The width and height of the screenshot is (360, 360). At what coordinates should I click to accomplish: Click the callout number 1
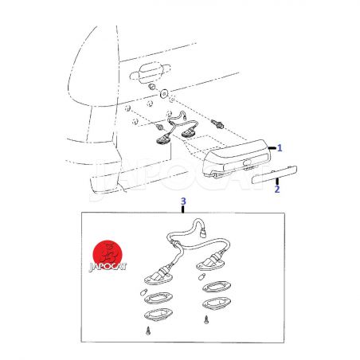coord(280,148)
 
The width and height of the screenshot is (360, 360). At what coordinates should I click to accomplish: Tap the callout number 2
coord(277,190)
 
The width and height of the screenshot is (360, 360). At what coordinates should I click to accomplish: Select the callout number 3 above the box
coord(183,202)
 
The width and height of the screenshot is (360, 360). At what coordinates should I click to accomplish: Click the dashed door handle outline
coord(150,72)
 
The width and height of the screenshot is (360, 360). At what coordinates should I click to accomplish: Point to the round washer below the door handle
coord(164,93)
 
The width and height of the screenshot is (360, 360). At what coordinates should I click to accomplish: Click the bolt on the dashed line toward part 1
coord(217,123)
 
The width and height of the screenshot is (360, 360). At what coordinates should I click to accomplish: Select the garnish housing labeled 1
coord(237,158)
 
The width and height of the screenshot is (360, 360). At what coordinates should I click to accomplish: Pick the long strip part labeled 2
coord(274,175)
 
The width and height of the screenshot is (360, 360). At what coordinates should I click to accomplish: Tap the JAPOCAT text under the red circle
coord(108,267)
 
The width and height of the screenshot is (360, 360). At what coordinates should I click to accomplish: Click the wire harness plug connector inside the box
coord(204,234)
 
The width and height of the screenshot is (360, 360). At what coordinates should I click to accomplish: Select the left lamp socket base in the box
coord(158,276)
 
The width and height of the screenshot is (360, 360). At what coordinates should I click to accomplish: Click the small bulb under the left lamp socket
coord(143,292)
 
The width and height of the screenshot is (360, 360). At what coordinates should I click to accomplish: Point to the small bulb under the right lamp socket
coord(202,276)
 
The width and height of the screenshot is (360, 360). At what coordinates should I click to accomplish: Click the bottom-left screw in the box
coord(148,331)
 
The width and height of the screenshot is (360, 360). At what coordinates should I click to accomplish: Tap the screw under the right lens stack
coord(206,320)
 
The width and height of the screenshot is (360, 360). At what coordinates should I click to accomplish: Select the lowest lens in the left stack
coord(158,315)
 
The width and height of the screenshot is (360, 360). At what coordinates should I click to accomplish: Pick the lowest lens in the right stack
coord(217,303)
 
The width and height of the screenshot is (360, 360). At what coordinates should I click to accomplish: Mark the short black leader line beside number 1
coord(272,148)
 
